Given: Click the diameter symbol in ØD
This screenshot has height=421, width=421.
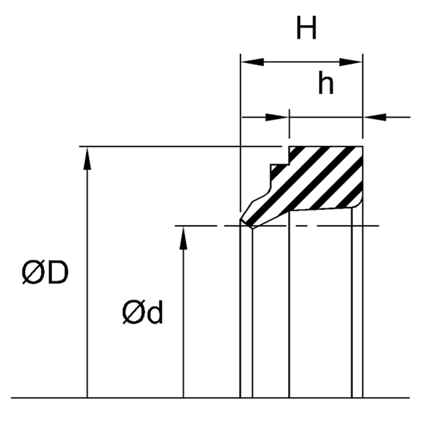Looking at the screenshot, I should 33,274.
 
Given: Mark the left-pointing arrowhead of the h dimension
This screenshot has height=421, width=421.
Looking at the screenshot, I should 375,116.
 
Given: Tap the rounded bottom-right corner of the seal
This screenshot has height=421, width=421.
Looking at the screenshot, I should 359,204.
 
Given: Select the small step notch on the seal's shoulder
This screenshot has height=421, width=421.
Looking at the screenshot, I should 274,167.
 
